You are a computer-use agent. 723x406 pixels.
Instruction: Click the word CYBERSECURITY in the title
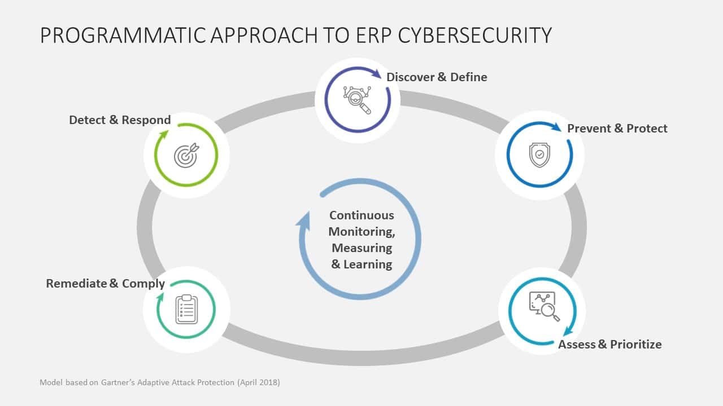(474, 35)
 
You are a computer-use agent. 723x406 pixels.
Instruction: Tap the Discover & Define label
(437, 77)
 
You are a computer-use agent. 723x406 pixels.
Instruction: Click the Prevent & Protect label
(617, 129)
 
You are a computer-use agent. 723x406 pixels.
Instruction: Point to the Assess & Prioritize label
(610, 345)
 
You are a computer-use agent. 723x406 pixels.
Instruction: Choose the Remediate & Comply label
(106, 284)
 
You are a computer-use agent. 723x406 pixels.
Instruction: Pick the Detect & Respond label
(120, 120)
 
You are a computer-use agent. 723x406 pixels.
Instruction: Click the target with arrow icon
(186, 156)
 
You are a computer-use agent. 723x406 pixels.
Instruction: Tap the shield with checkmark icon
(539, 155)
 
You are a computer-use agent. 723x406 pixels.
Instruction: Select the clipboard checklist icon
(186, 309)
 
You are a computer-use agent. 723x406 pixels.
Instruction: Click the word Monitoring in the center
(361, 231)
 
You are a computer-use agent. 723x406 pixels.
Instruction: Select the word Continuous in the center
(361, 215)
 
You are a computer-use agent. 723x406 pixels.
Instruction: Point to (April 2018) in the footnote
(258, 382)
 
